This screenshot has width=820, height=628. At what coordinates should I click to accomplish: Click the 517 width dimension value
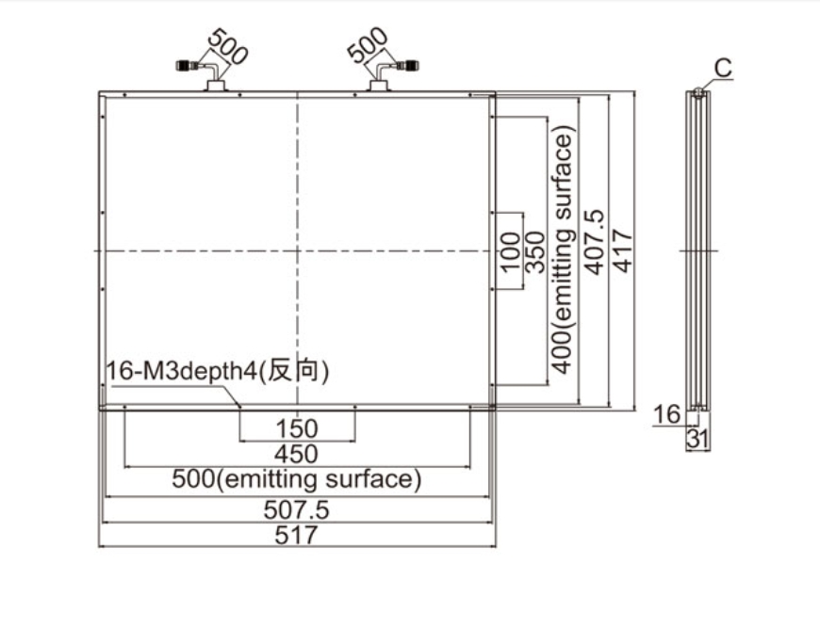298,535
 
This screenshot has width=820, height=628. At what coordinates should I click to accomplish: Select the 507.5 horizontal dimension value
298,509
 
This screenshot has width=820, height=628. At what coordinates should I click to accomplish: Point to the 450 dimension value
298,454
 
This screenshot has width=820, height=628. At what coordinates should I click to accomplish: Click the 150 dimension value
298,428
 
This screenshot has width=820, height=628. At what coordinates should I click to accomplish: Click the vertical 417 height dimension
623,250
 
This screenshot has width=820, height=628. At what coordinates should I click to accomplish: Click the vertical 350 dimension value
533,252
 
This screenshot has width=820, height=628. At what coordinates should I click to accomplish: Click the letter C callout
723,68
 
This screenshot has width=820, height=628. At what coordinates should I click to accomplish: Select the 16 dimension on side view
666,413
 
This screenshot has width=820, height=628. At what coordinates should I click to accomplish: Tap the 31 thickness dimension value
697,438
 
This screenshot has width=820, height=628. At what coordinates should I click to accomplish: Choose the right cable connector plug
409,66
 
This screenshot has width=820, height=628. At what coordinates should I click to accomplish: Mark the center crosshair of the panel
298,250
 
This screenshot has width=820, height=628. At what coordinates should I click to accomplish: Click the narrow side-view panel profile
697,250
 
